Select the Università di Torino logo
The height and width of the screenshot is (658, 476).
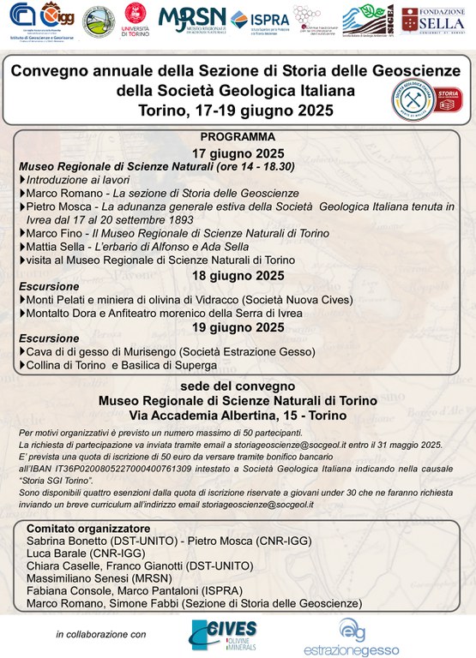(136, 20)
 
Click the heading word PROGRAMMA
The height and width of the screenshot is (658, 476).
(238, 137)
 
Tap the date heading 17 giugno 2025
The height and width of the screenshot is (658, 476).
(238, 153)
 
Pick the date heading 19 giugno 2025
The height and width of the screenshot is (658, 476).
(238, 326)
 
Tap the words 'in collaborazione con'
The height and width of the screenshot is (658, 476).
(102, 635)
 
